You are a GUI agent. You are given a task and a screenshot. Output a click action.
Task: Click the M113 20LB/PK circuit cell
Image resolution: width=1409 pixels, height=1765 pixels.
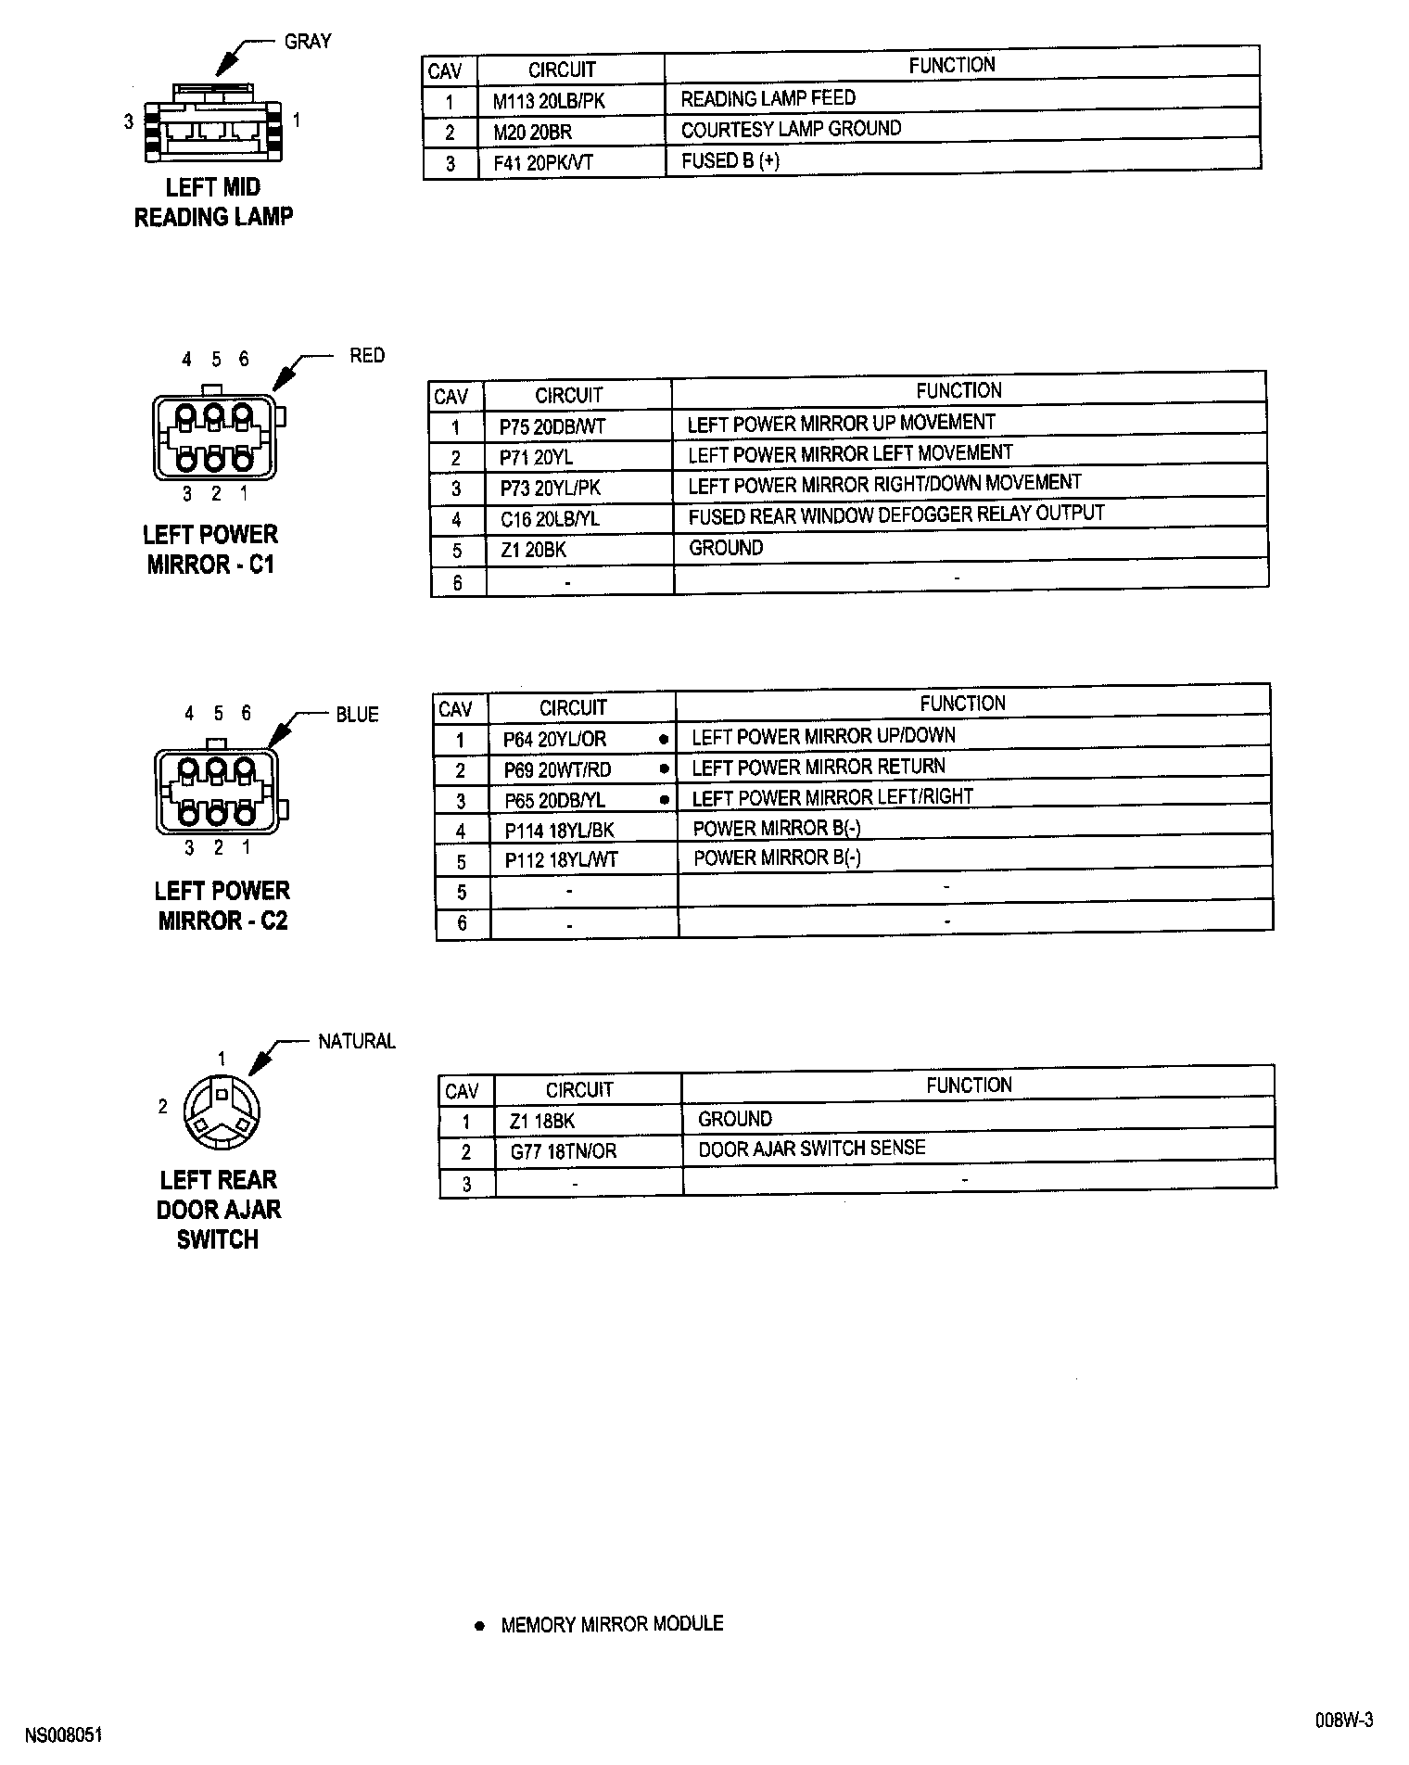[x=548, y=101]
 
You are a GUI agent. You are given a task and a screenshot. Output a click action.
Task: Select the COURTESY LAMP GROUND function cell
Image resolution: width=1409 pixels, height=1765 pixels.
[x=791, y=129]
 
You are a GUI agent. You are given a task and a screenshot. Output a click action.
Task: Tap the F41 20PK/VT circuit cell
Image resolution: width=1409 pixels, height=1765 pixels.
[x=543, y=163]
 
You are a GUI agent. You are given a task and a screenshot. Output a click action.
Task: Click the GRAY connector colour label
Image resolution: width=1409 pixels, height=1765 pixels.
[x=308, y=42]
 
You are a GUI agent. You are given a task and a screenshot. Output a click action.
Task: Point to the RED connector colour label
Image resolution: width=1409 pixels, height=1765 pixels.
[x=367, y=355]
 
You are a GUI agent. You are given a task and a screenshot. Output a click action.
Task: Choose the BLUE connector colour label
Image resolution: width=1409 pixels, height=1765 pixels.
[x=357, y=715]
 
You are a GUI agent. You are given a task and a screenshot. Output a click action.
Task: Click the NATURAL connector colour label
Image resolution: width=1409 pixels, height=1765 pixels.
[x=357, y=1041]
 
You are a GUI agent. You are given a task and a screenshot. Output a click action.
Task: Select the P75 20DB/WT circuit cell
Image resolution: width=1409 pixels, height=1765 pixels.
[x=552, y=427]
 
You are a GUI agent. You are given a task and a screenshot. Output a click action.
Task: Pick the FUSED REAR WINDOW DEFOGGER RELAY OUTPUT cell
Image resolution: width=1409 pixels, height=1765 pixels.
[x=895, y=515]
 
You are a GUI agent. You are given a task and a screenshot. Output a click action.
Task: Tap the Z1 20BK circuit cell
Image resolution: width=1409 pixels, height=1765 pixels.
[x=533, y=550]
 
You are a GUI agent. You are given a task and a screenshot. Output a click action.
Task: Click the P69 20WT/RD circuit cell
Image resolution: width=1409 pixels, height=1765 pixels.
[x=557, y=770]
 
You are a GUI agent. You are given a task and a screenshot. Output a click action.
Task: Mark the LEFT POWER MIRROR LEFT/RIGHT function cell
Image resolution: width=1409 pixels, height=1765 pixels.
[x=832, y=797]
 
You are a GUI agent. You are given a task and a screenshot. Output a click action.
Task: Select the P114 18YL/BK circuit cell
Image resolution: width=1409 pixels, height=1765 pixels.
[x=559, y=831]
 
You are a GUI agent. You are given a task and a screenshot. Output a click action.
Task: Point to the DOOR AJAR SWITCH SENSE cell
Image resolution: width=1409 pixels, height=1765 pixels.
[x=811, y=1149]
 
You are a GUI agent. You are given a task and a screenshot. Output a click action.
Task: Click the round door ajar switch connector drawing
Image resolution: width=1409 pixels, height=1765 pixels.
[x=222, y=1112]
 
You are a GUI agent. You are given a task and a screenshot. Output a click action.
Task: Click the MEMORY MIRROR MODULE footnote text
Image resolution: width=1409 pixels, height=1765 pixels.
[x=612, y=1624]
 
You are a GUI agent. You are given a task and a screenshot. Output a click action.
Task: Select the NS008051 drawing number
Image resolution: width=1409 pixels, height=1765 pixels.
[x=63, y=1735]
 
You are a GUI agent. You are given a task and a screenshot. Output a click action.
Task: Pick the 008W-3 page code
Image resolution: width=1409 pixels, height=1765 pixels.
[x=1343, y=1721]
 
